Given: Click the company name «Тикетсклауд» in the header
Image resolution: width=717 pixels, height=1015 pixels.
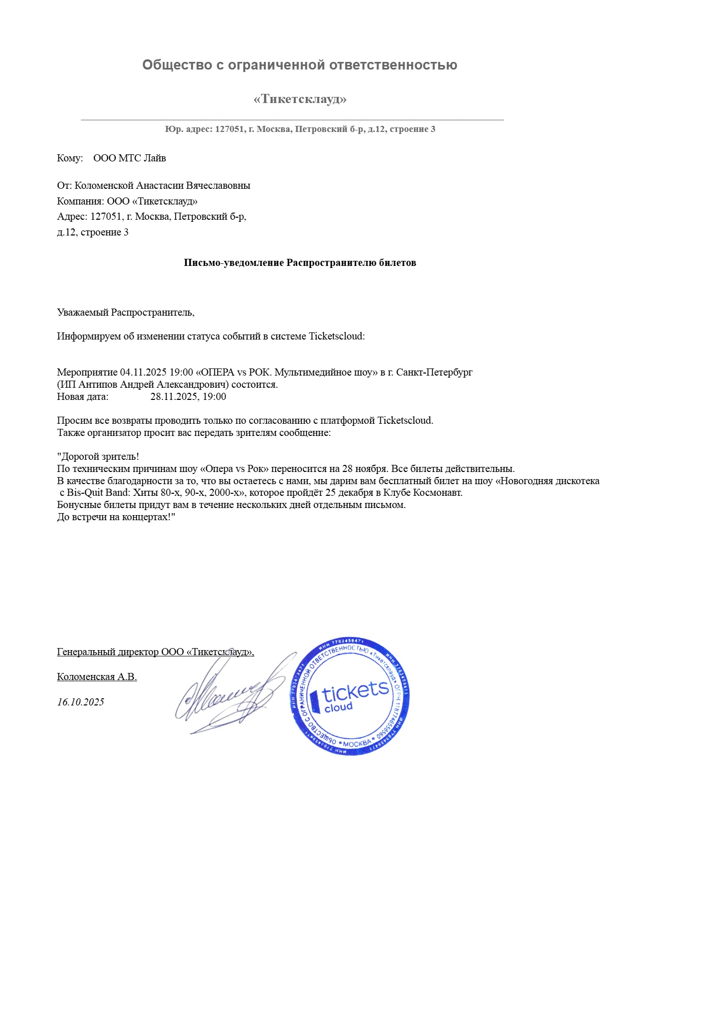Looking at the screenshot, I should tap(300, 99).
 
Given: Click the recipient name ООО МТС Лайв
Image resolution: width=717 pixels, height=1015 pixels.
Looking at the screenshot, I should tap(129, 158).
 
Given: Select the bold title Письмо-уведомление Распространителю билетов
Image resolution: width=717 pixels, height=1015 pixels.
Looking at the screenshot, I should tap(300, 263).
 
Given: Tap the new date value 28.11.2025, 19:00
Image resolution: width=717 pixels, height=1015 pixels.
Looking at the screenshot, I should tap(188, 397).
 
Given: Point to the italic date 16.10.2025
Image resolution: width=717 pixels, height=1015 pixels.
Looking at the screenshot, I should tap(81, 702).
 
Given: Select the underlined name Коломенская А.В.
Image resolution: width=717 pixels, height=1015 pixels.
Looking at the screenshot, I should tap(97, 677).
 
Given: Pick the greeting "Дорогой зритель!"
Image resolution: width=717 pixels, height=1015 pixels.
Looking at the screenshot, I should tap(98, 457).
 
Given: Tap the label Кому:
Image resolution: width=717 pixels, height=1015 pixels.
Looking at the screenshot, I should tap(70, 158).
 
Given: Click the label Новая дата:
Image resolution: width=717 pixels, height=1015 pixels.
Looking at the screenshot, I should tap(83, 397).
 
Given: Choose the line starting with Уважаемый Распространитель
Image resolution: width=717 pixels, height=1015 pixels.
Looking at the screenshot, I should tap(126, 313).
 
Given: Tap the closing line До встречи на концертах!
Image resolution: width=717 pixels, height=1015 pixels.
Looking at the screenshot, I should tap(116, 518).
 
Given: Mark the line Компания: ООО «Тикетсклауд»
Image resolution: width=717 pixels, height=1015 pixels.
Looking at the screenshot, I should tap(127, 201).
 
